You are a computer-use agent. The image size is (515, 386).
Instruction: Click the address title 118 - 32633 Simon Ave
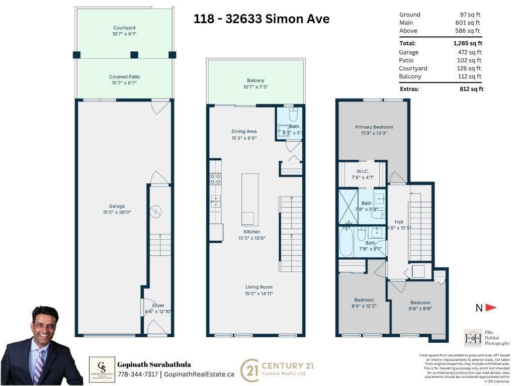(x=262, y=19)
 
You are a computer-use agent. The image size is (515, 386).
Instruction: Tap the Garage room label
(x=117, y=206)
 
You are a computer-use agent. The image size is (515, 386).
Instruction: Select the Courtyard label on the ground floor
(x=124, y=28)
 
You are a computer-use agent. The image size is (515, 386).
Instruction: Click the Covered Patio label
(x=124, y=77)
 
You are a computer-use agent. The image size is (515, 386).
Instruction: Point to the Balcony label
(x=255, y=80)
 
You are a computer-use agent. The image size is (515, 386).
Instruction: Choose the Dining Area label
(x=244, y=132)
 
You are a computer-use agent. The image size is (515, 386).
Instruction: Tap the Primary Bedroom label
(x=374, y=127)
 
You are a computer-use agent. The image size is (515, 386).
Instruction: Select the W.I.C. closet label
(x=363, y=171)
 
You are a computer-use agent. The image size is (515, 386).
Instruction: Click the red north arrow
(x=491, y=308)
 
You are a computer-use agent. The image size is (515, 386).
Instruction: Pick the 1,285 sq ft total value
(x=467, y=43)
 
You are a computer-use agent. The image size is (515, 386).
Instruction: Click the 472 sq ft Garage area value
(x=471, y=52)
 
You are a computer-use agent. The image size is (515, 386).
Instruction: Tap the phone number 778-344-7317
(x=137, y=374)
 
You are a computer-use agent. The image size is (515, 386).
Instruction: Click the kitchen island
(x=250, y=200)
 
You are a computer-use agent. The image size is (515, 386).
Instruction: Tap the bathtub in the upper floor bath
(x=346, y=242)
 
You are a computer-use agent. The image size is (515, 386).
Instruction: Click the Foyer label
(x=158, y=305)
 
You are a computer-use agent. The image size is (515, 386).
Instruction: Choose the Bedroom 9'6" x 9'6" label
(x=420, y=303)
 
